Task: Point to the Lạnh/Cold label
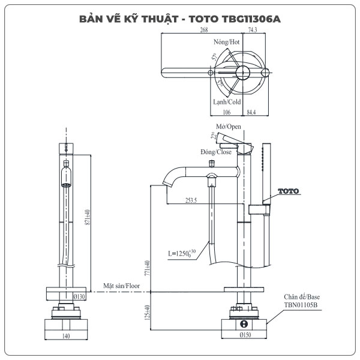[x=227, y=102]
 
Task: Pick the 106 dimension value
[x=226, y=112]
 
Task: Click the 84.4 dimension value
[x=252, y=112]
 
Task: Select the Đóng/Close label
[x=216, y=152]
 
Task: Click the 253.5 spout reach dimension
[x=191, y=201]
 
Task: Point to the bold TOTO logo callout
[x=288, y=191]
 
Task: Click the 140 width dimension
[x=67, y=336]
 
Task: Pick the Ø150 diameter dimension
[x=245, y=336]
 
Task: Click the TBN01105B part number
[x=301, y=305]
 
